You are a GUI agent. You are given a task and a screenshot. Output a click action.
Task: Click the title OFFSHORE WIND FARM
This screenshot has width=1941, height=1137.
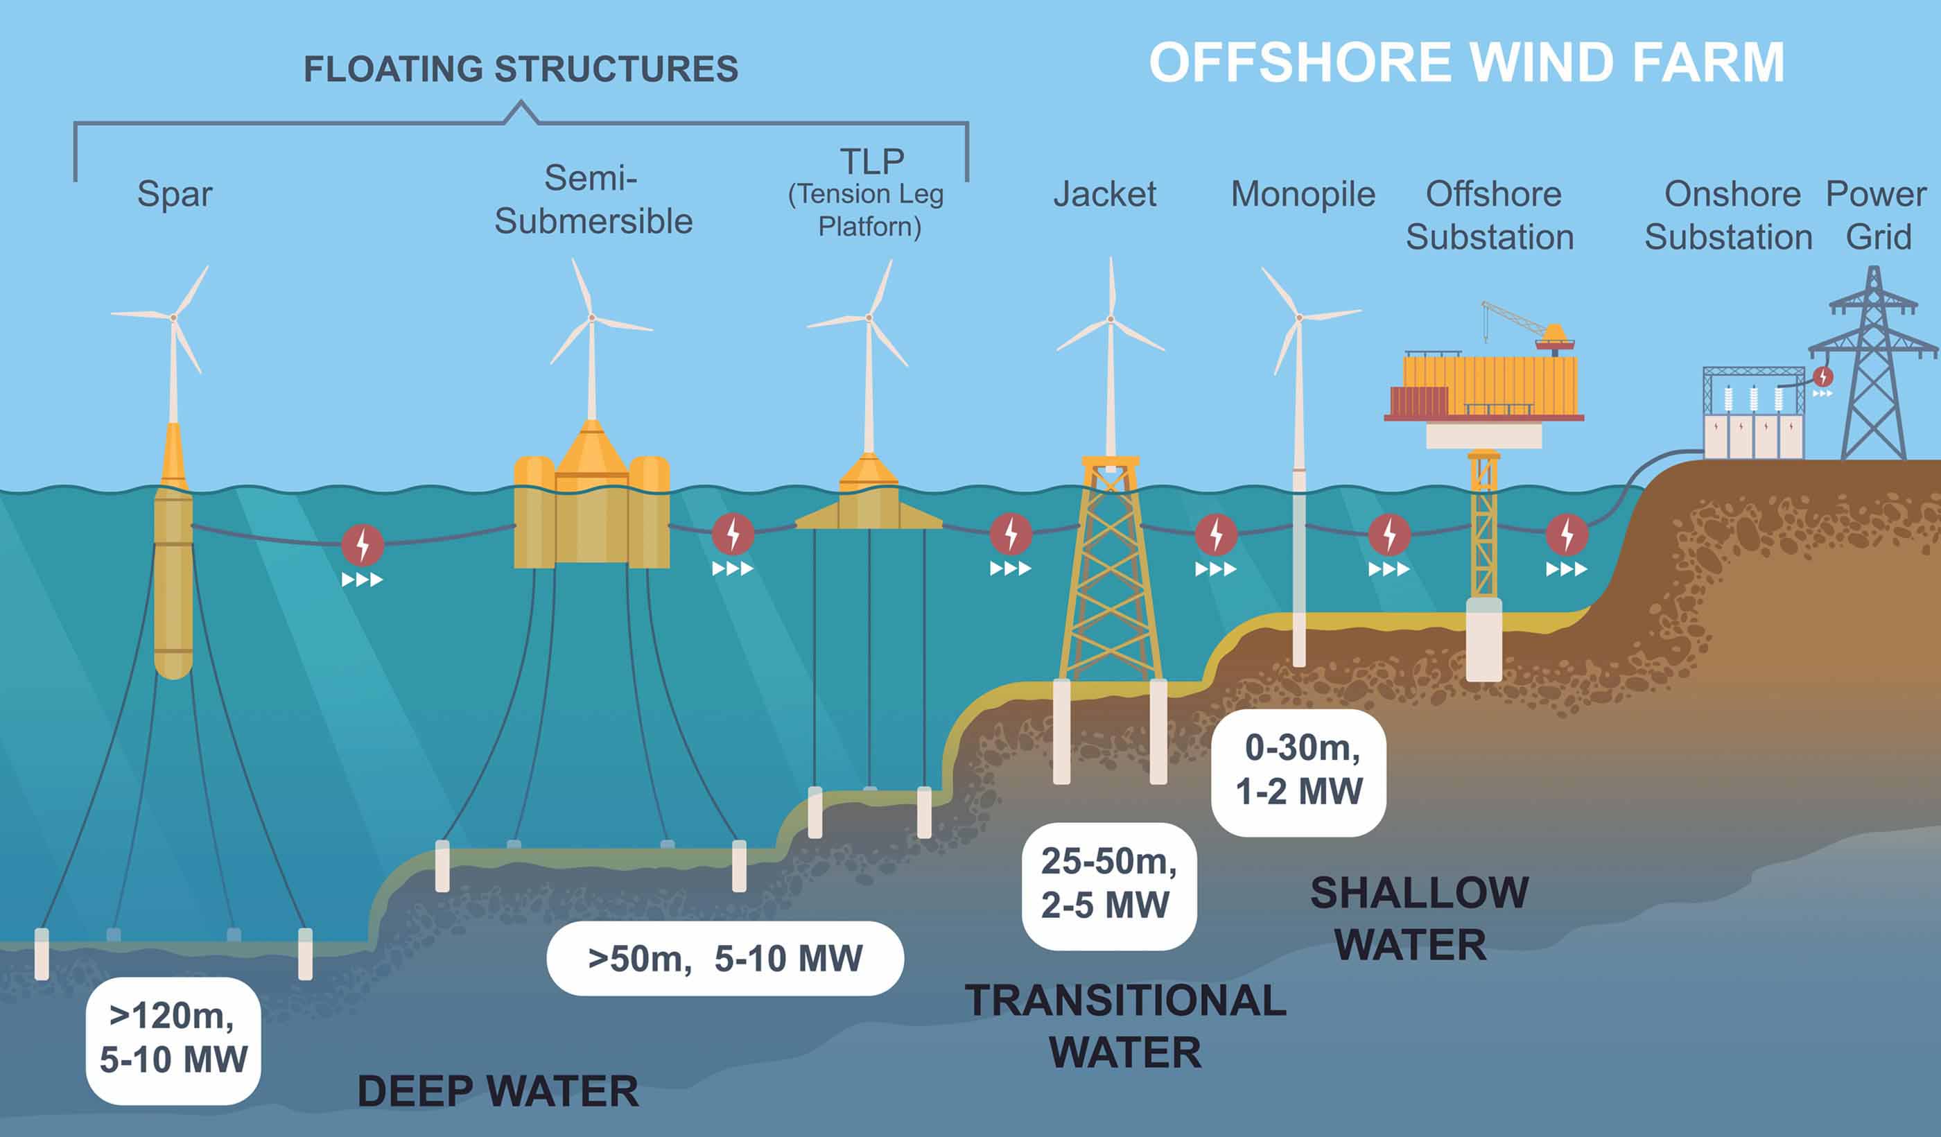click(x=1465, y=63)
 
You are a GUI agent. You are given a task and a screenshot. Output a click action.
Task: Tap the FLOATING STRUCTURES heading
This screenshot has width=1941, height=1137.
click(x=521, y=69)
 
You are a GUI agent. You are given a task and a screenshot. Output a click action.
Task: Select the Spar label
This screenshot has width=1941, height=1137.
click(x=175, y=194)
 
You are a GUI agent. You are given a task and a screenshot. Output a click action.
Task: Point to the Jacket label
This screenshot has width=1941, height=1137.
click(x=1104, y=194)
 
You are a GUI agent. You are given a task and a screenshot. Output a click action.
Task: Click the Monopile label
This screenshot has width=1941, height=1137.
click(x=1303, y=194)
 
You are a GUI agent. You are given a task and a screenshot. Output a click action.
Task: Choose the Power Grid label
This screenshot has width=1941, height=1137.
click(x=1877, y=216)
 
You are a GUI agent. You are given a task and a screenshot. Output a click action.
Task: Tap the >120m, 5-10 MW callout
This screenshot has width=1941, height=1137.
click(x=173, y=1040)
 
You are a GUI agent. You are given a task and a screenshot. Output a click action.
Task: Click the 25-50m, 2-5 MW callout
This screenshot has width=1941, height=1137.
click(x=1108, y=885)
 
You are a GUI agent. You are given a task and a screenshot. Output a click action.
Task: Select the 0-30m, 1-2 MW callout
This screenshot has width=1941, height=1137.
click(x=1298, y=770)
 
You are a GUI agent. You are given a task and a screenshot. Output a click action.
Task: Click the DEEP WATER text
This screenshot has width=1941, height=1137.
click(x=498, y=1091)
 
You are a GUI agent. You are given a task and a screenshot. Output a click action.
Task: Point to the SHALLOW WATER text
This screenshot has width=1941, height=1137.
click(x=1419, y=918)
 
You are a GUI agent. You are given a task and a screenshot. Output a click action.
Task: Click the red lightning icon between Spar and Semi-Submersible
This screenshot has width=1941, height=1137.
click(x=362, y=546)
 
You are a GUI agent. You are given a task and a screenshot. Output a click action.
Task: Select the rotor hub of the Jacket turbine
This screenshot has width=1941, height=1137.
click(x=1111, y=319)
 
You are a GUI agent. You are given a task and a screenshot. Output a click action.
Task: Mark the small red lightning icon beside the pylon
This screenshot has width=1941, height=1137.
click(x=1823, y=376)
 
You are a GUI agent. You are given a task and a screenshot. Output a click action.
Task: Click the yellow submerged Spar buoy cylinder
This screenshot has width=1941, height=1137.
click(x=173, y=585)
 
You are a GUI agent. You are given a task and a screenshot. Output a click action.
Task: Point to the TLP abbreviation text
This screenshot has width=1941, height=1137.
click(x=872, y=162)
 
